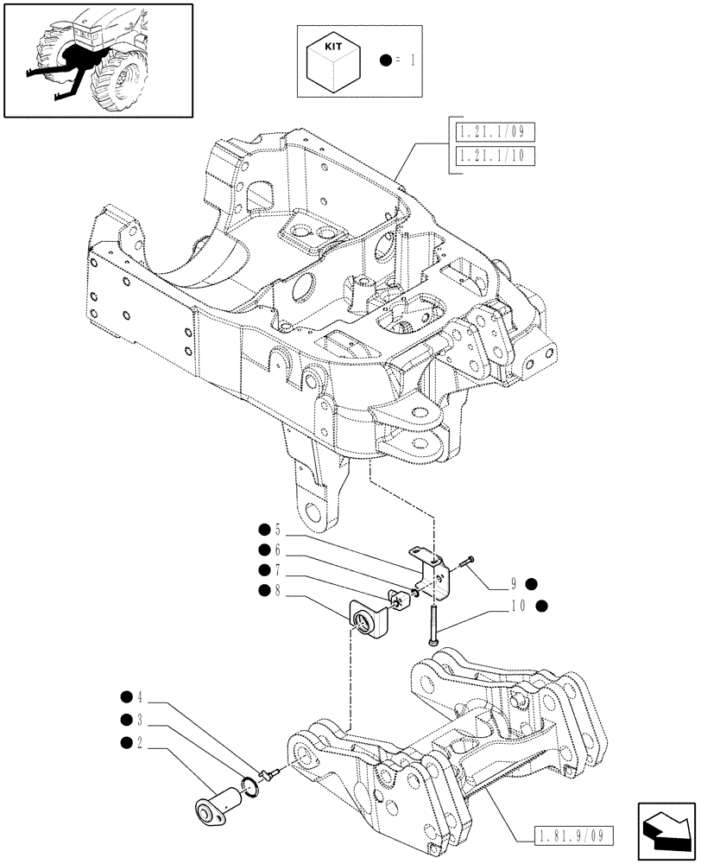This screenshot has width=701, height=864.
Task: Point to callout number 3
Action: [x=138, y=719]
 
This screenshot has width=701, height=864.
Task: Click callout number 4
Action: [x=138, y=696]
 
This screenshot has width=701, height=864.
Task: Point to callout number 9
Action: [x=515, y=582]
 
